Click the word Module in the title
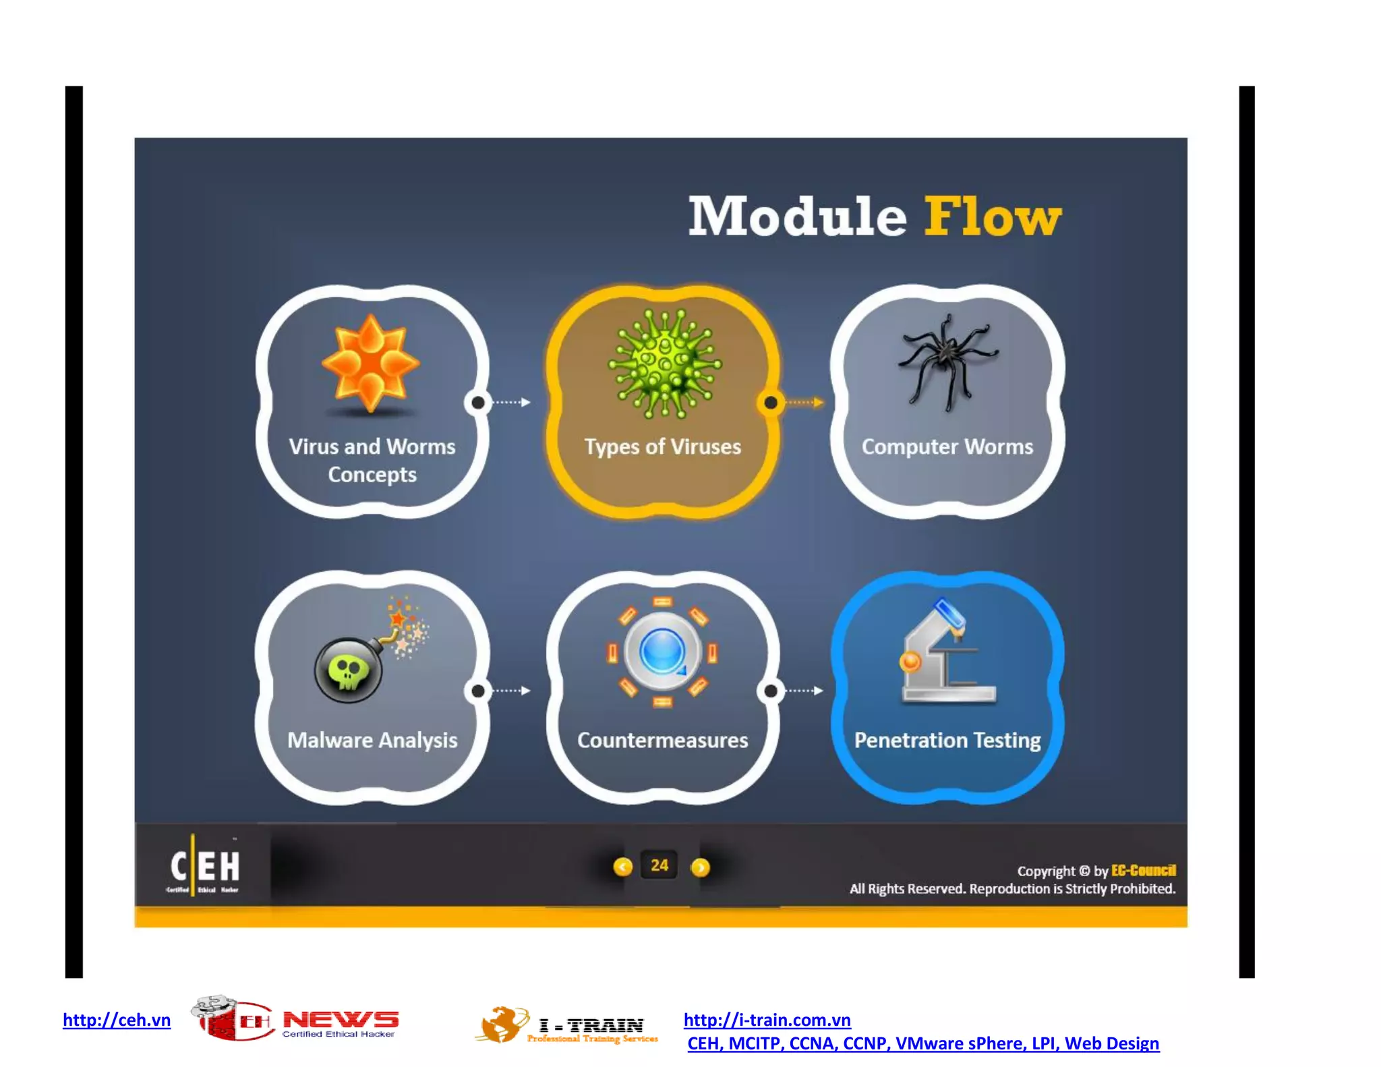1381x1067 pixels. [x=797, y=217]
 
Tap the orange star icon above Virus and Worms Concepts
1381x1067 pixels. [x=370, y=364]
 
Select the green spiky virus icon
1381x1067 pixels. [x=664, y=364]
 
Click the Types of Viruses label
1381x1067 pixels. [x=662, y=446]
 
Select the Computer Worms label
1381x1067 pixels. [x=947, y=446]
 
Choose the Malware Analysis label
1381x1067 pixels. [x=372, y=740]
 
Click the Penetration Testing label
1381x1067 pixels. [x=947, y=740]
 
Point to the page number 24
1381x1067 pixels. [x=659, y=865]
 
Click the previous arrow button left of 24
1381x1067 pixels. [x=622, y=867]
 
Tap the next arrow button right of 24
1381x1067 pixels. [x=701, y=867]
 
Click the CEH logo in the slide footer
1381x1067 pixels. [x=204, y=867]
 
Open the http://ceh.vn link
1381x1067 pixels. [x=117, y=1020]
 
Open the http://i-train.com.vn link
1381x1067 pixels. [x=767, y=1020]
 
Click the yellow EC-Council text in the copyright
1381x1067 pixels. [x=1143, y=870]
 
